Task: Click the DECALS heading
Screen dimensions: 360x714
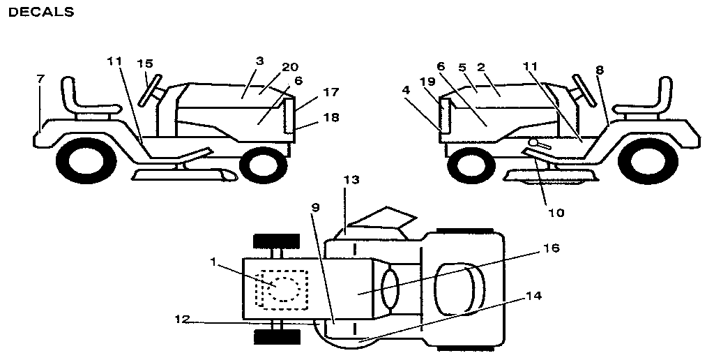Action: pos(40,12)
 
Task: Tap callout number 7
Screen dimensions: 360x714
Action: pos(40,79)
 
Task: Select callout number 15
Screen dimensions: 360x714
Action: pos(144,63)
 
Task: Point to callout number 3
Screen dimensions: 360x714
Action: pos(259,61)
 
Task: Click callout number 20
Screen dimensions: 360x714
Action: pos(290,67)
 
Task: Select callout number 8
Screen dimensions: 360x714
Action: pos(600,70)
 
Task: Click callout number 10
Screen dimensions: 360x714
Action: pos(555,211)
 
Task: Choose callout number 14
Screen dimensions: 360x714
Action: pos(533,295)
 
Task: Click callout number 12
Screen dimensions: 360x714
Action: pos(181,321)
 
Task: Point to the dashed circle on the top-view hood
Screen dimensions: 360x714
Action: pos(283,287)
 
